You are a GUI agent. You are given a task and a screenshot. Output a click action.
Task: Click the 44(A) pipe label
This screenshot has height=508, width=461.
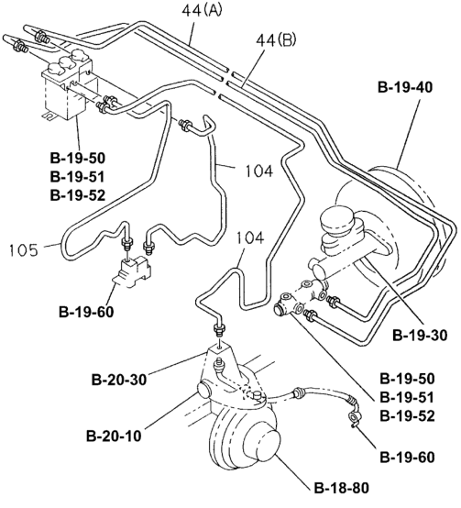202,11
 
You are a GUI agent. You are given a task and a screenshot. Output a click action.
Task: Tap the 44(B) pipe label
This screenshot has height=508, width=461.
276,41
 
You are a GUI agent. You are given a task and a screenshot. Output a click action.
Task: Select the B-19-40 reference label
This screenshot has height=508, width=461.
405,87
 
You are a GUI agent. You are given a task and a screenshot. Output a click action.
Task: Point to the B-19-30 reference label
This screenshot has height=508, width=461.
420,335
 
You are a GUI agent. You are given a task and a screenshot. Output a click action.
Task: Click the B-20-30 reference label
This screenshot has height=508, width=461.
119,380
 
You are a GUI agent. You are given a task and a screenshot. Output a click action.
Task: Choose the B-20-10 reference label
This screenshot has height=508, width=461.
114,436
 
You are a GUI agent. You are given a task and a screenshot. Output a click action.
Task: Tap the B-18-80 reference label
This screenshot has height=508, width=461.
342,488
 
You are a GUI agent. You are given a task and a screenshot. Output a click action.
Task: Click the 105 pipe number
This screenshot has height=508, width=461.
24,250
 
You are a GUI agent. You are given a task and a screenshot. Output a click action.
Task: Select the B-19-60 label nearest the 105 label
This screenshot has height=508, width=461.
86,312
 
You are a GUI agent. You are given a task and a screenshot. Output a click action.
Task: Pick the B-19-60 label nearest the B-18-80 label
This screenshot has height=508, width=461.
407,458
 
